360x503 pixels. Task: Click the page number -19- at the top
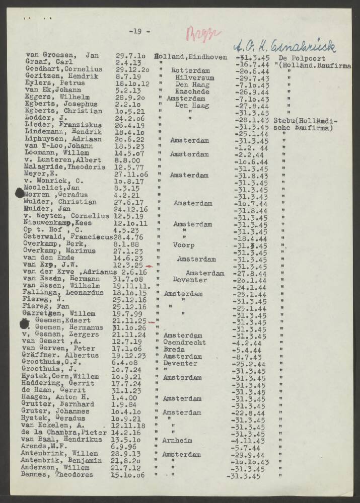point(139,32)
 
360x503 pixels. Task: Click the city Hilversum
point(195,78)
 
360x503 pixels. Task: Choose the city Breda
point(174,350)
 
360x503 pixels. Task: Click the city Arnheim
point(177,440)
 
